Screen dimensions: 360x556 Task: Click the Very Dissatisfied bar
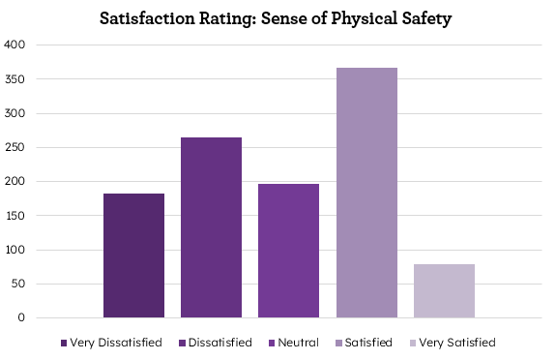click(x=133, y=255)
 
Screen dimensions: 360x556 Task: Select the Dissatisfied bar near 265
click(x=211, y=227)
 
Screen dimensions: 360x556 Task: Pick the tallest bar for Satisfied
click(x=366, y=193)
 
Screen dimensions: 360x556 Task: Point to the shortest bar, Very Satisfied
click(x=444, y=290)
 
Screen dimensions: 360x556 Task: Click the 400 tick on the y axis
click(x=15, y=45)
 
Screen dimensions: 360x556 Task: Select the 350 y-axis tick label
click(x=15, y=79)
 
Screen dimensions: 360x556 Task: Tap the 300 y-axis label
click(x=15, y=113)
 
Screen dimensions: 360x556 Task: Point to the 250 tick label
click(x=15, y=147)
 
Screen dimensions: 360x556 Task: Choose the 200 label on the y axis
click(x=15, y=181)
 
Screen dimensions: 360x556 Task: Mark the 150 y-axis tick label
click(x=15, y=216)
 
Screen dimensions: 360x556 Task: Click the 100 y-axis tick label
click(x=15, y=250)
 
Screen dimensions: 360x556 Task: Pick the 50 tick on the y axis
click(x=18, y=284)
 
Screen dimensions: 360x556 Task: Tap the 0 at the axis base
click(x=22, y=318)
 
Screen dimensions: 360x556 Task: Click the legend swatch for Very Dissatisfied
click(x=64, y=343)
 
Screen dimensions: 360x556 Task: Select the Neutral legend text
click(x=298, y=343)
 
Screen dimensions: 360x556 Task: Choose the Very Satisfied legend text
click(x=457, y=343)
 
